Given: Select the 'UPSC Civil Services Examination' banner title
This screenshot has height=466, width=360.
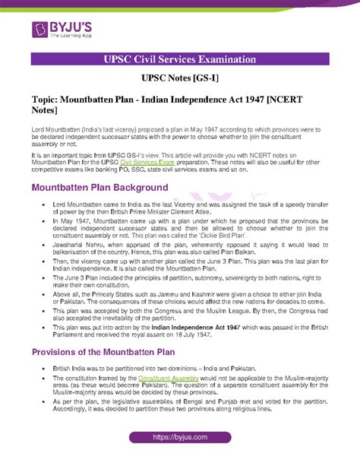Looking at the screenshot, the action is [180, 60].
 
